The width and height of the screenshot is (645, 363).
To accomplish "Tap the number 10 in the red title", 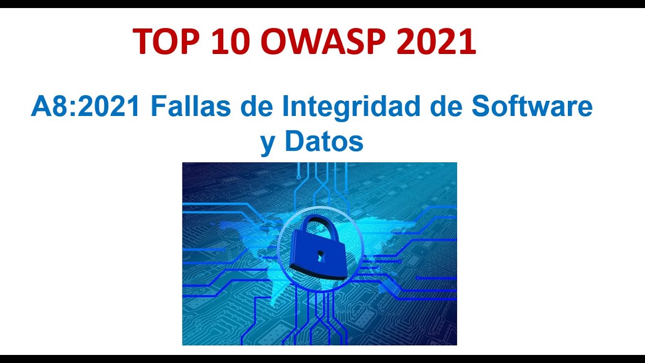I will pos(230,41).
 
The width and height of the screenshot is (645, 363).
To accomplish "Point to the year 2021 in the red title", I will pos(436,41).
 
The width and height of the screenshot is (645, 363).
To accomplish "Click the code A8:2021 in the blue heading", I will pos(85,106).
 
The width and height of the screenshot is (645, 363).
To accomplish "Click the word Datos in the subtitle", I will pos(324,142).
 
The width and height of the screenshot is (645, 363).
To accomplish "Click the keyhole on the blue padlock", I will pos(319,257).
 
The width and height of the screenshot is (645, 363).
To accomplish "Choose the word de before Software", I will pos(445,106).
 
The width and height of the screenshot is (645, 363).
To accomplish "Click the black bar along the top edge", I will pos(322,4).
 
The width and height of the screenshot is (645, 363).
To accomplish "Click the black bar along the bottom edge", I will pos(322,358).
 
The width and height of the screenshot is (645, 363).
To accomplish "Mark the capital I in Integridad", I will pos(285,106).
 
